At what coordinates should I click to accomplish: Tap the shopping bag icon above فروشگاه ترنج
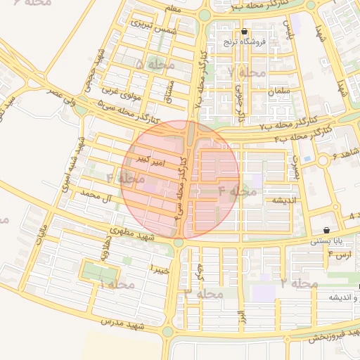244,32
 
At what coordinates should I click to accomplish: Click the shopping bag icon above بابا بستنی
327,231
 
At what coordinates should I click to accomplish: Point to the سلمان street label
278,91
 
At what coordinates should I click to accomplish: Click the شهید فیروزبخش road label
334,334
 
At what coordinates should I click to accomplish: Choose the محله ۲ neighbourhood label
299,283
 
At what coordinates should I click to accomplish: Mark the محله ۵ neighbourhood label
155,65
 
